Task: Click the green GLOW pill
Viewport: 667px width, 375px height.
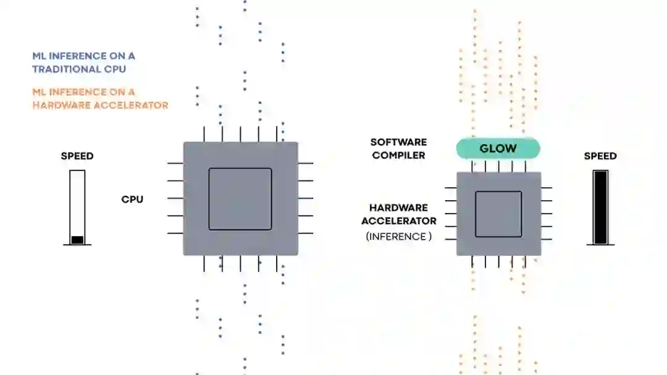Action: pos(498,148)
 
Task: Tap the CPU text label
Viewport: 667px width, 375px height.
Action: pos(132,200)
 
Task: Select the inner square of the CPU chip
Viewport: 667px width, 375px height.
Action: pos(240,199)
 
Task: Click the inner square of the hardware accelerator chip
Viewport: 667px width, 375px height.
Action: pos(498,214)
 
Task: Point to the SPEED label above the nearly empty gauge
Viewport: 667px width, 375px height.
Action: pos(77,156)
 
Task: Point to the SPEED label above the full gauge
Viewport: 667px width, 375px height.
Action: pos(600,156)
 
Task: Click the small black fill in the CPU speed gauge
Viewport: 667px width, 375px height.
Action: pos(77,240)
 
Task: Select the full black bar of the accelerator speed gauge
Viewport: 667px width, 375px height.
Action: pos(600,207)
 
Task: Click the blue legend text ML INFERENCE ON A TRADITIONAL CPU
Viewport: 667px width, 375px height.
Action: pos(83,62)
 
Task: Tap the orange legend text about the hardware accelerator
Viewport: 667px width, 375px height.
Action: pos(100,99)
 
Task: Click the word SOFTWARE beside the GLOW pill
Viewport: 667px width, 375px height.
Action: pos(398,142)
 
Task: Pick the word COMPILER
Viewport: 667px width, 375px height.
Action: pos(398,155)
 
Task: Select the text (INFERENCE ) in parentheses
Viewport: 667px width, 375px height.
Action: pos(398,236)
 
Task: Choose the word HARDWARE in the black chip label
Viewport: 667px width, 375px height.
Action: pos(398,208)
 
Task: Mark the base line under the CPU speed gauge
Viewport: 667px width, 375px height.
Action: pos(77,245)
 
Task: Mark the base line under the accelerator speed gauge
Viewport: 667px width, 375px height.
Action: pos(600,245)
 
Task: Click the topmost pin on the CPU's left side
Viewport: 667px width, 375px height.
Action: pos(175,164)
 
